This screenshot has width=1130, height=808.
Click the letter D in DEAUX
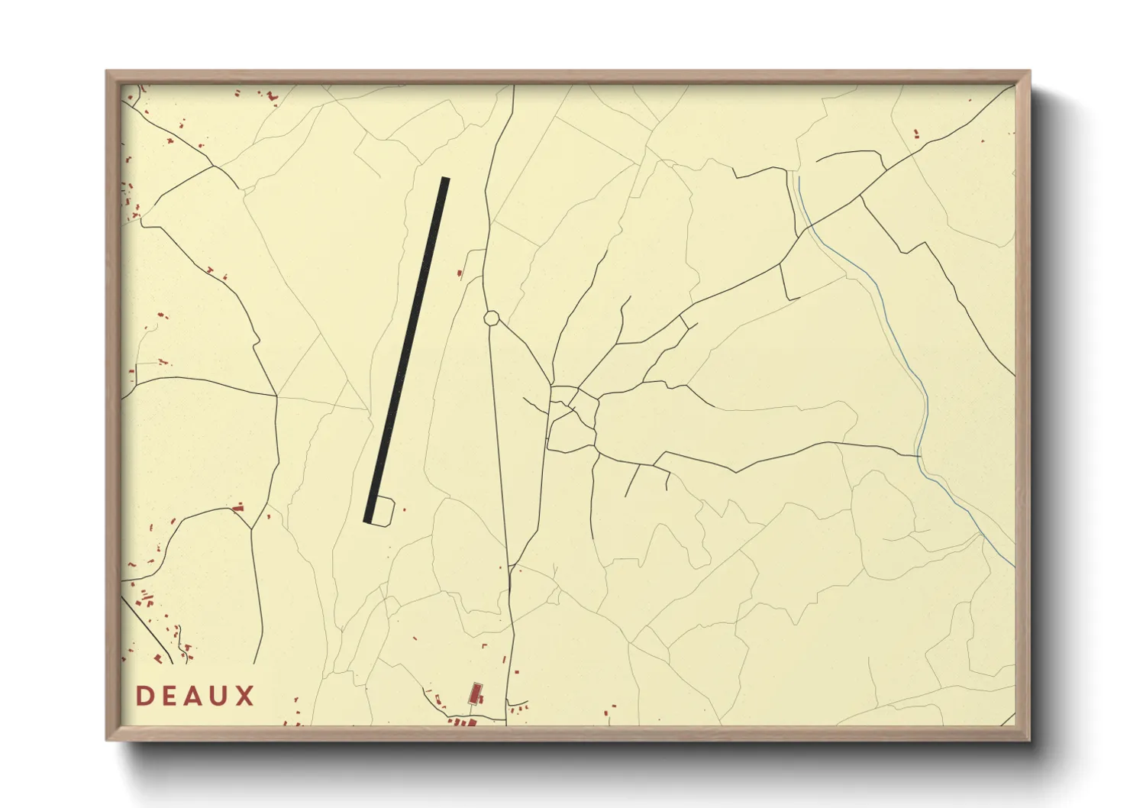pyautogui.click(x=145, y=696)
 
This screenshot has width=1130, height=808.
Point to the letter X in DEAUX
pyautogui.click(x=245, y=696)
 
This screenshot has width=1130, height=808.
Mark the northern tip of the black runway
pyautogui.click(x=445, y=179)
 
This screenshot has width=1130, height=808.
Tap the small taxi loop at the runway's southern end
pyautogui.click(x=384, y=510)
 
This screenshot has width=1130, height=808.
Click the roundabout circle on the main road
pyautogui.click(x=491, y=317)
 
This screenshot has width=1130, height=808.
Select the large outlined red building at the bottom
pyautogui.click(x=475, y=693)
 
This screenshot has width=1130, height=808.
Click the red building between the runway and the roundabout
pyautogui.click(x=459, y=273)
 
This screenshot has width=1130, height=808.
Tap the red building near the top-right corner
pyautogui.click(x=916, y=134)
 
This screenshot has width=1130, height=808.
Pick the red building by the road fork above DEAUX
pyautogui.click(x=238, y=506)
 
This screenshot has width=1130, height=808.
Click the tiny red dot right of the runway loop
pyautogui.click(x=404, y=509)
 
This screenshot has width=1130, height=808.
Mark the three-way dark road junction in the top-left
pyautogui.click(x=214, y=165)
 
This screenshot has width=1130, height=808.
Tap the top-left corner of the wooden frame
pyautogui.click(x=108, y=73)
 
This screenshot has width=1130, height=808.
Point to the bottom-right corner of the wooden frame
pyautogui.click(x=1028, y=739)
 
